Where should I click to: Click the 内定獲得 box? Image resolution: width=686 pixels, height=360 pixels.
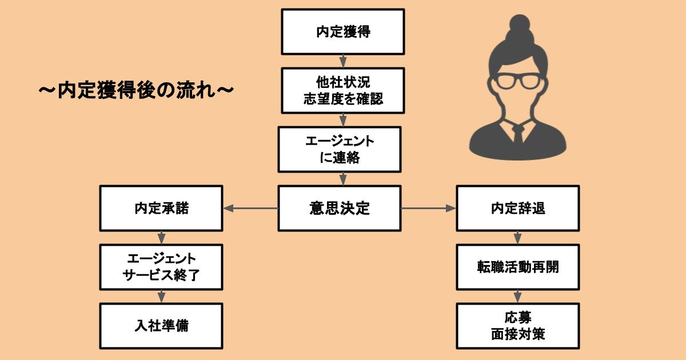(343, 32)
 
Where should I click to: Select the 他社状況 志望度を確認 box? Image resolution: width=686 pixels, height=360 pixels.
(343, 91)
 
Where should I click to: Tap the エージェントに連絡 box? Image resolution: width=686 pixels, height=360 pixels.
(340, 149)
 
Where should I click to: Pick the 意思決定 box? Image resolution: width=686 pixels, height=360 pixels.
(340, 208)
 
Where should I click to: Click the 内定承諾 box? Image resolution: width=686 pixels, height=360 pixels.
(161, 208)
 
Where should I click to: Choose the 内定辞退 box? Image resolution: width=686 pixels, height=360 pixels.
(518, 208)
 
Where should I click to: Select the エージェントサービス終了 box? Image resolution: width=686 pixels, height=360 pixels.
(161, 267)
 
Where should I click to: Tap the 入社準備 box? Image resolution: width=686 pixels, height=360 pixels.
(161, 326)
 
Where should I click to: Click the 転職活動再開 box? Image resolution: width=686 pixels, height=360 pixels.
(518, 267)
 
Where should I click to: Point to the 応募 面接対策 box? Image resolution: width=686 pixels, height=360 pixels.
(518, 326)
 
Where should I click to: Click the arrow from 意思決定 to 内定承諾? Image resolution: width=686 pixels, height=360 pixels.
(251, 209)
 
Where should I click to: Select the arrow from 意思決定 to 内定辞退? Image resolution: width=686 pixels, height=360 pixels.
(428, 209)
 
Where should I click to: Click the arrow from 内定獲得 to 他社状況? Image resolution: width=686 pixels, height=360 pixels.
(343, 61)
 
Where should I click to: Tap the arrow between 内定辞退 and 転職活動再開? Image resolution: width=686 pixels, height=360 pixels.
(517, 238)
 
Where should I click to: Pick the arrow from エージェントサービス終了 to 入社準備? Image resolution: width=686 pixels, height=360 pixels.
(161, 297)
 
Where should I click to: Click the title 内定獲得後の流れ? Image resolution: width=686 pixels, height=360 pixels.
(136, 91)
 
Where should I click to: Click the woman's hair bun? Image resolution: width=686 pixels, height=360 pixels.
(520, 25)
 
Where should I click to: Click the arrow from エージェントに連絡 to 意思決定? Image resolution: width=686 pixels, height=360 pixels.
(343, 179)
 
